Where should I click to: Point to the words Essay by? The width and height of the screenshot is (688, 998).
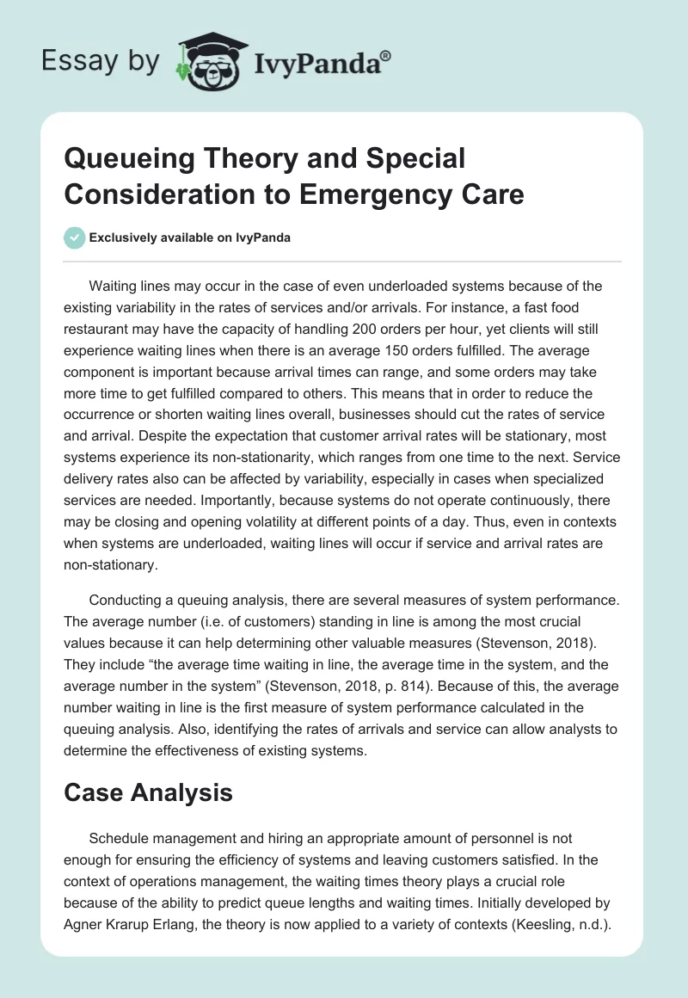[x=101, y=61]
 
